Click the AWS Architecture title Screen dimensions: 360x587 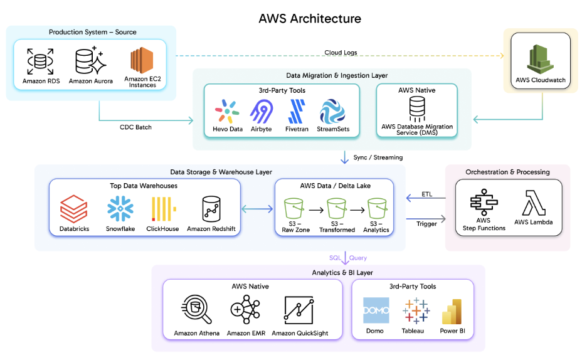310,18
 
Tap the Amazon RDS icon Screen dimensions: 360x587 41,61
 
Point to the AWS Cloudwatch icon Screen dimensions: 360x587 540,59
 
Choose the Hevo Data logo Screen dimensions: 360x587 228,111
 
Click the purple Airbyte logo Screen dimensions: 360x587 262,111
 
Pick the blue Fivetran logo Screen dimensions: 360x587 297,111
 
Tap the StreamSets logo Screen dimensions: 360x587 332,111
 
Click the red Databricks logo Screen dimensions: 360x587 74,209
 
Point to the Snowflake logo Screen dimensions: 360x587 120,209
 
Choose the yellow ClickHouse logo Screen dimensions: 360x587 165,209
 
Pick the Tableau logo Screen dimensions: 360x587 413,310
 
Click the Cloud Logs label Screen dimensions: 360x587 341,53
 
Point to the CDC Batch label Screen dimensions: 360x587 135,127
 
